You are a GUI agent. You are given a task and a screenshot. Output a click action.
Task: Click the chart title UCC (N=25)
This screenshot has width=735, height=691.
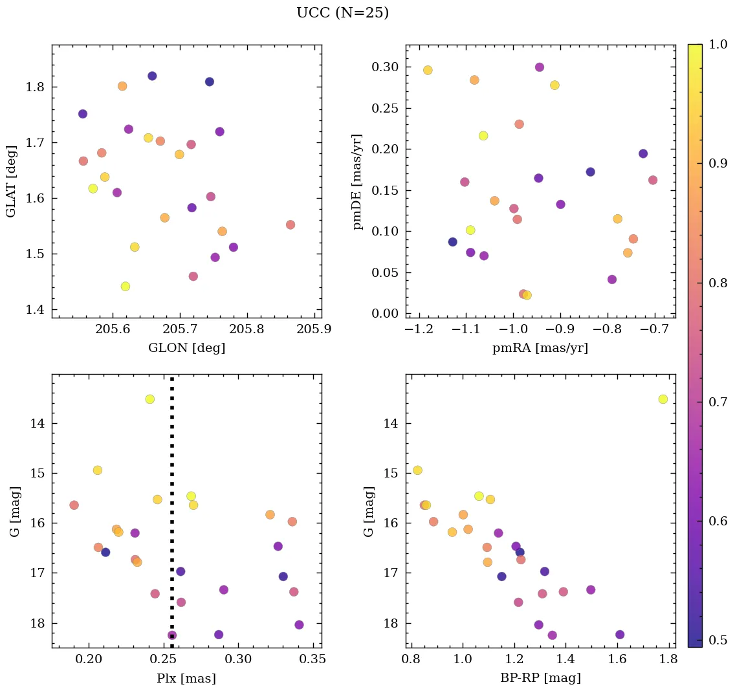pyautogui.click(x=342, y=13)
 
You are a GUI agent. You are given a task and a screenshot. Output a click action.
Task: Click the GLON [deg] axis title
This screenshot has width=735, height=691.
pyautogui.click(x=186, y=347)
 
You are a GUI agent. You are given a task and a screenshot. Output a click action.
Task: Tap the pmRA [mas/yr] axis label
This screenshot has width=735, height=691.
pyautogui.click(x=540, y=347)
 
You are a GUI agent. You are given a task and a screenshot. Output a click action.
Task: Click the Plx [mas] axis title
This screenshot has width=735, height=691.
pyautogui.click(x=186, y=678)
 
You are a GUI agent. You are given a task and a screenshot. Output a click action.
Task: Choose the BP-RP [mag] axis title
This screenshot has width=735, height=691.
pyautogui.click(x=540, y=678)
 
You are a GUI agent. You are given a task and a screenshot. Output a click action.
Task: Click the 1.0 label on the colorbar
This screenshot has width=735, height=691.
pyautogui.click(x=718, y=44)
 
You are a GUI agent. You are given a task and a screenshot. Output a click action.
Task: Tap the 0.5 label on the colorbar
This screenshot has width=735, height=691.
pyautogui.click(x=718, y=641)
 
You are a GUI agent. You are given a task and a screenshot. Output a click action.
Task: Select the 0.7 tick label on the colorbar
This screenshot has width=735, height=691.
pyautogui.click(x=718, y=402)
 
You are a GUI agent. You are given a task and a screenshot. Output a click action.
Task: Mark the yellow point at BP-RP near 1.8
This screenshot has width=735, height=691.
pyautogui.click(x=663, y=399)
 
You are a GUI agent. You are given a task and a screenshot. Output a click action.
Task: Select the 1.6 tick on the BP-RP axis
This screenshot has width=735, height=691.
pyautogui.click(x=618, y=660)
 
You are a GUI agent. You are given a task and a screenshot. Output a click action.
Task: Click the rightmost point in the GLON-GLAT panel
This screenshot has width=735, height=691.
pyautogui.click(x=291, y=225)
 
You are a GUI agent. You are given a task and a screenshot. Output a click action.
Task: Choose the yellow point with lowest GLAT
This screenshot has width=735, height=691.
pyautogui.click(x=126, y=286)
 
